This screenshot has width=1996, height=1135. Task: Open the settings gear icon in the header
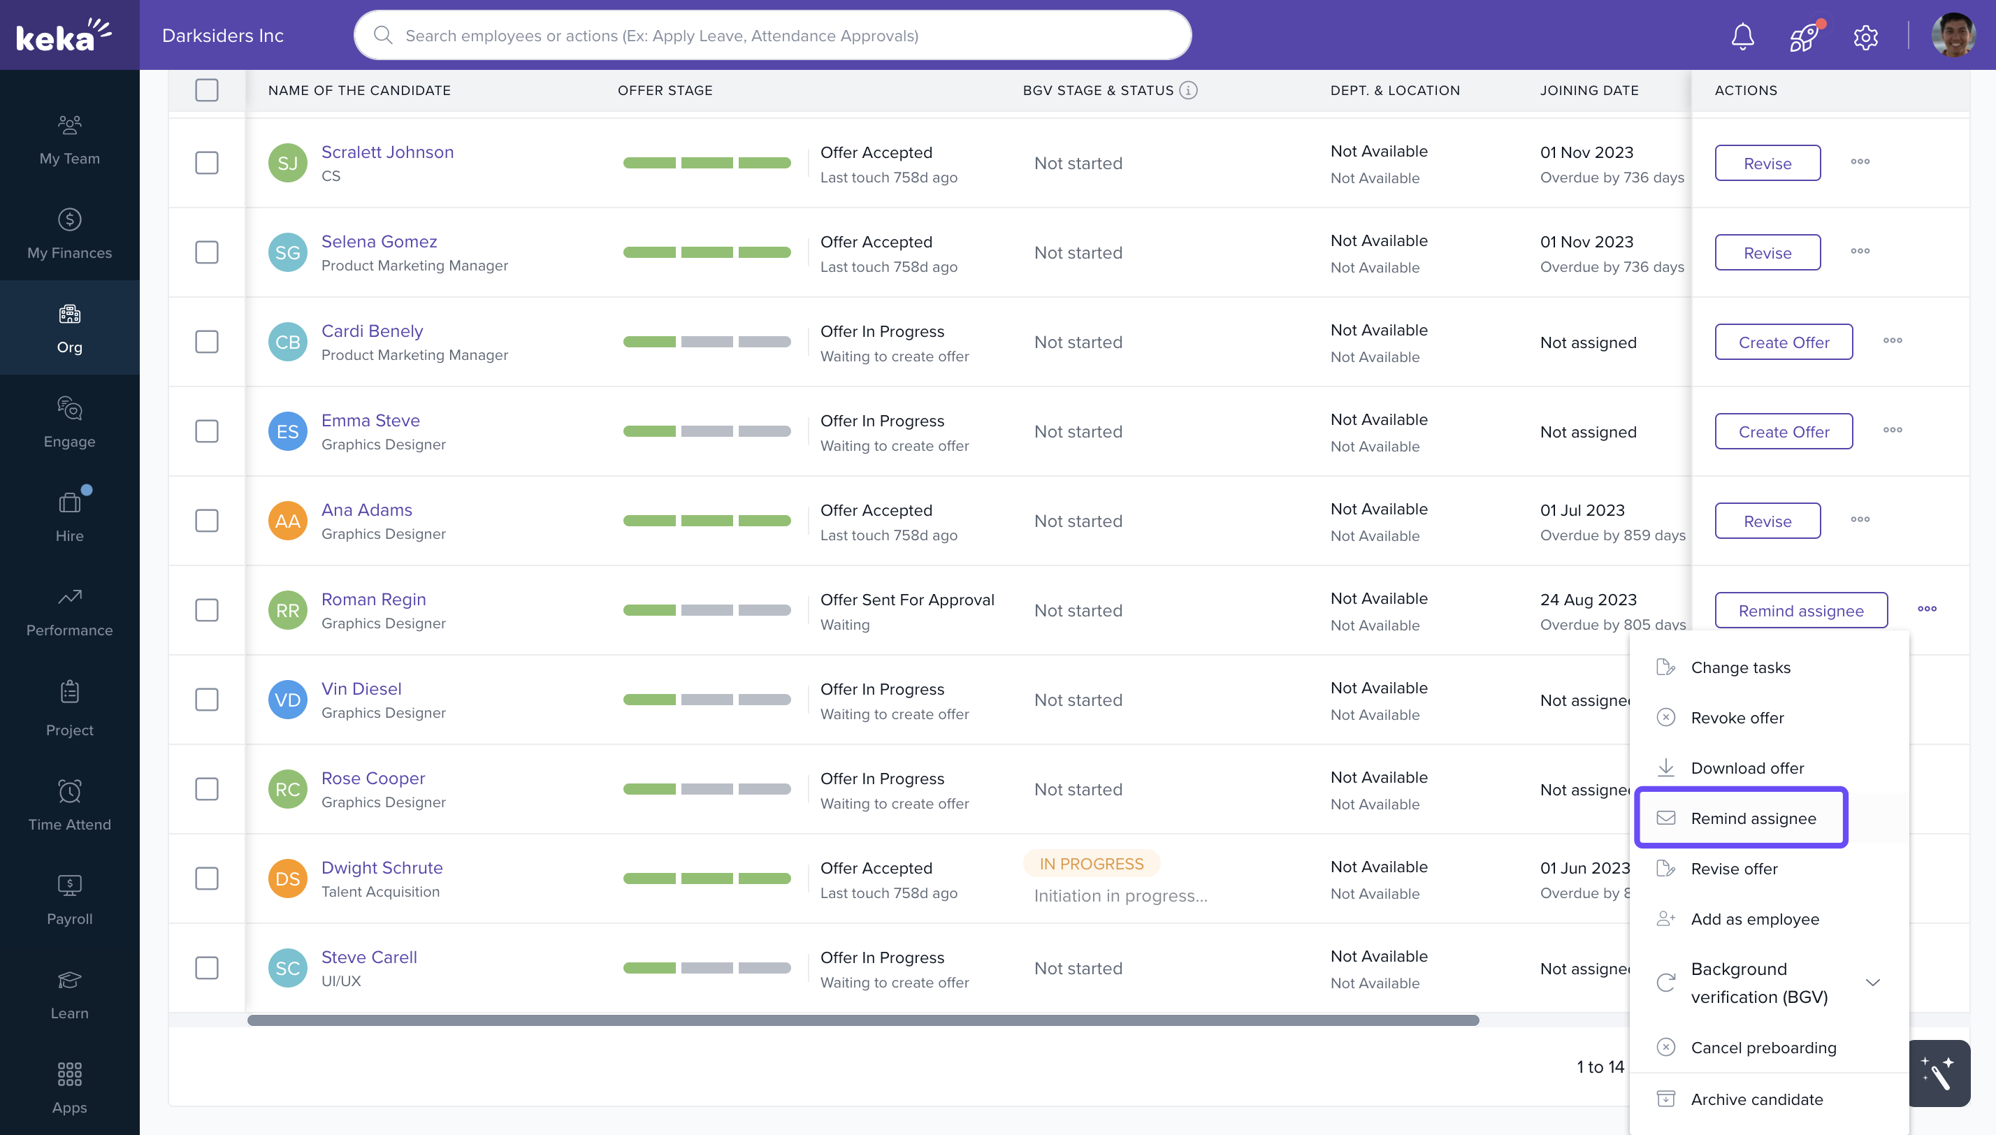tap(1865, 36)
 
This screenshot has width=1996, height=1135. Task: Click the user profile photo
tap(1953, 35)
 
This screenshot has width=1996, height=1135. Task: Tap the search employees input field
tap(772, 36)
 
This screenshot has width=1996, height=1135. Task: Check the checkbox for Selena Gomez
tap(207, 252)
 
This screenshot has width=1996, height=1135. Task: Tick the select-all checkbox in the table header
tap(207, 90)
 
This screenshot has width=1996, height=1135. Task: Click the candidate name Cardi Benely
tap(372, 331)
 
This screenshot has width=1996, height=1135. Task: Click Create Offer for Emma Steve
tap(1784, 432)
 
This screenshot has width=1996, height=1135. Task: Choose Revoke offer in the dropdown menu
tap(1737, 718)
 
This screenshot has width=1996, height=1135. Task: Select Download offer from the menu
tap(1746, 769)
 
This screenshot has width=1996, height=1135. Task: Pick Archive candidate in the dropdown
tap(1756, 1100)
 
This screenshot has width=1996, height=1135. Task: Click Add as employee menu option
tap(1754, 920)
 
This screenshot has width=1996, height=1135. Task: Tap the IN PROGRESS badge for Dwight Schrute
tap(1091, 865)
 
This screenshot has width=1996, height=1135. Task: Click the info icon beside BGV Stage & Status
tap(1188, 90)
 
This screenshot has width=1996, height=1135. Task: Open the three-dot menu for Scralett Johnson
tap(1860, 162)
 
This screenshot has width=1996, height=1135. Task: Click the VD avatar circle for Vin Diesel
tap(288, 700)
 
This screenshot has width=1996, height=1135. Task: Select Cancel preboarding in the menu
tap(1763, 1048)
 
